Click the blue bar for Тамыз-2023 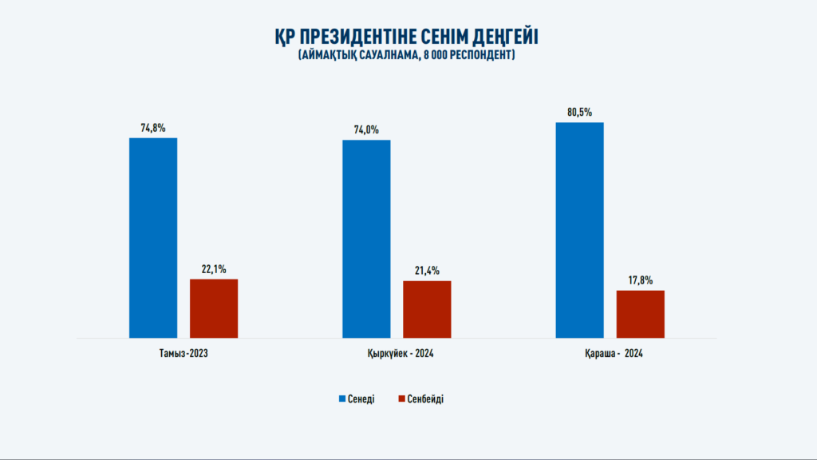(x=153, y=238)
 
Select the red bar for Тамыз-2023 (x=214, y=308)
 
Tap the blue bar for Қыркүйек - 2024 (x=366, y=239)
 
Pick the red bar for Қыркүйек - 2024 (x=427, y=309)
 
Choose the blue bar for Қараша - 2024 (x=579, y=230)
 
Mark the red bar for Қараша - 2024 (x=640, y=314)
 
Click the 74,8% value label (x=153, y=128)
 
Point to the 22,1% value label (x=214, y=269)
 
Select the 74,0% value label (x=366, y=130)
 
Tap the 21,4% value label (x=427, y=271)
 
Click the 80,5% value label (x=579, y=113)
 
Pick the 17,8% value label (x=640, y=280)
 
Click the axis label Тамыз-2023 (x=184, y=353)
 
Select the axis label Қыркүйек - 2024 (x=397, y=353)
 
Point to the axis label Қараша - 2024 (x=609, y=353)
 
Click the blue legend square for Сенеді (x=343, y=399)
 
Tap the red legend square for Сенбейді (x=401, y=399)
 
